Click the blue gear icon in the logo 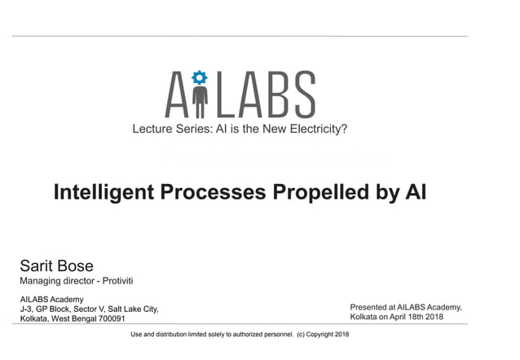click(200, 79)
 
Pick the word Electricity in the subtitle click(313, 128)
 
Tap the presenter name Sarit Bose click(56, 266)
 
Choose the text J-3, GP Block click(47, 309)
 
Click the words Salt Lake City click(133, 309)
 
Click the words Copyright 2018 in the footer click(328, 335)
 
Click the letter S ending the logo click(303, 94)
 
